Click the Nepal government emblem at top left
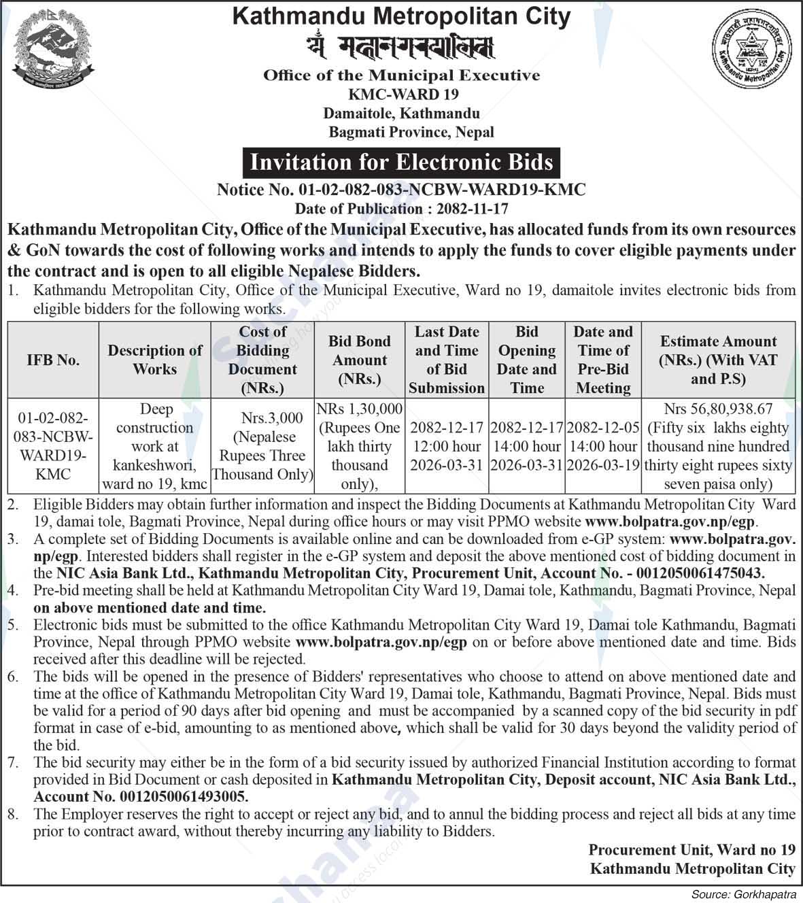point(54,51)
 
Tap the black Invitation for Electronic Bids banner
point(402,163)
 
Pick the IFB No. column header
point(53,360)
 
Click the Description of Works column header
point(155,360)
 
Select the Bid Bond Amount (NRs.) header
point(360,360)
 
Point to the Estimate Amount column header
point(718,360)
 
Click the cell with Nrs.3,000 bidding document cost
point(262,446)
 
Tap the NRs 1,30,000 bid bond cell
point(360,446)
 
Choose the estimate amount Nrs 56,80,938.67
point(718,409)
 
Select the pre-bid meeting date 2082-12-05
point(603,428)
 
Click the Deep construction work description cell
point(155,446)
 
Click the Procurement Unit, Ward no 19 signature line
point(691,849)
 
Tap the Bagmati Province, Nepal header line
point(411,132)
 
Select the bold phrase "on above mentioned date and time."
point(150,607)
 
